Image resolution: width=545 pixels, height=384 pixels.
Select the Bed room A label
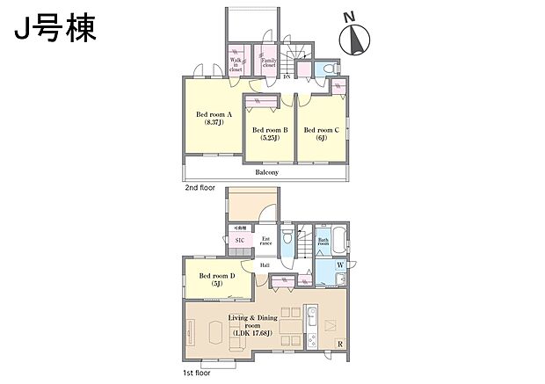(x=213, y=119)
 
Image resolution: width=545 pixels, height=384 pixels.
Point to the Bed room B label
(x=269, y=134)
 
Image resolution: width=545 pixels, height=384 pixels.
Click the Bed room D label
(x=216, y=279)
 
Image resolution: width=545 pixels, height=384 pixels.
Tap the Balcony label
(x=267, y=172)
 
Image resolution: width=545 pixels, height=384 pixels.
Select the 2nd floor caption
(x=200, y=188)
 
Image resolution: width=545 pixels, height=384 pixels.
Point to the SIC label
(x=240, y=240)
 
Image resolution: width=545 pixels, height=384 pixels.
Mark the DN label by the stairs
(x=287, y=77)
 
